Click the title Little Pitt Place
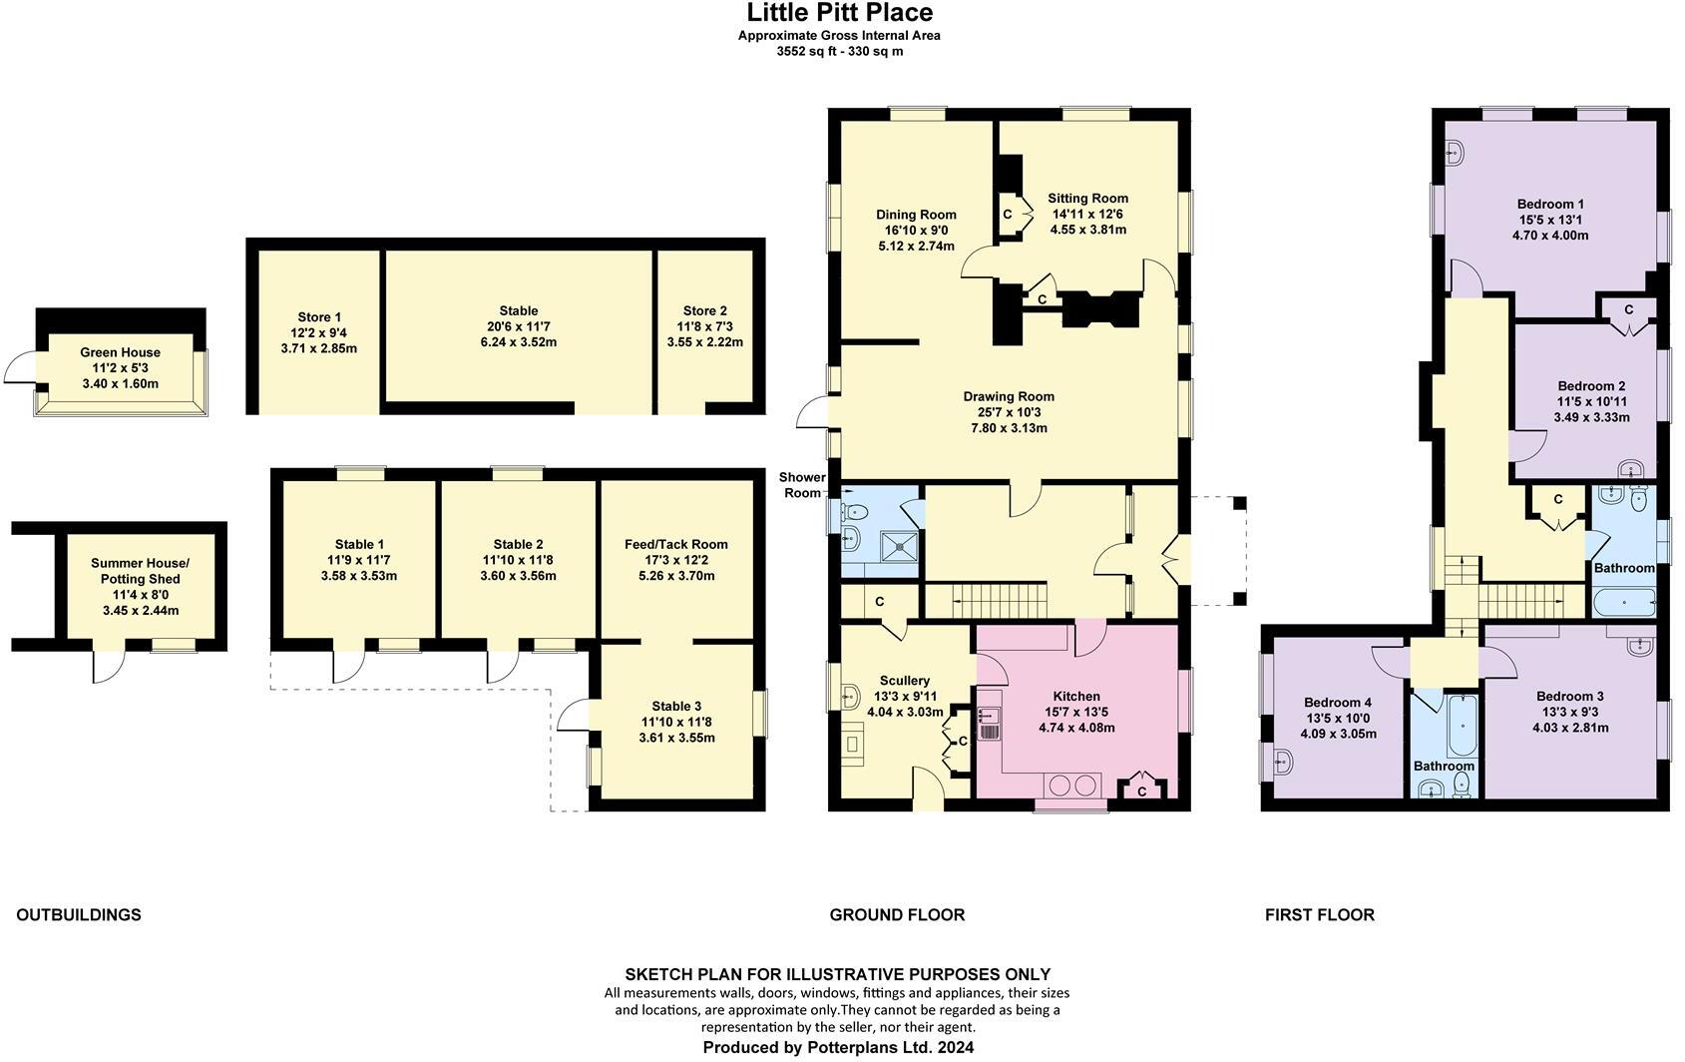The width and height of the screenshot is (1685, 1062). click(840, 13)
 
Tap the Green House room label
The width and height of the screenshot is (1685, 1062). click(120, 352)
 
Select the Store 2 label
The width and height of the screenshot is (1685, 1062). click(704, 310)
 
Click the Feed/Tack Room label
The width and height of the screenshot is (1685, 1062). click(676, 544)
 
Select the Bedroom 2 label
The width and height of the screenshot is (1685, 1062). click(1591, 386)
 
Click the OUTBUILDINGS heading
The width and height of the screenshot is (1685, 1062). click(79, 914)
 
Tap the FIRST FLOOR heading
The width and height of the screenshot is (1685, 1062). click(1319, 914)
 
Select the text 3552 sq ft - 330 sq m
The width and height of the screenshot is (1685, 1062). click(840, 51)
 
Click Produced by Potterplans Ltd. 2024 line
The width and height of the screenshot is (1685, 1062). click(838, 1047)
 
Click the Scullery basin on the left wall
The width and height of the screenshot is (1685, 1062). click(850, 695)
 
